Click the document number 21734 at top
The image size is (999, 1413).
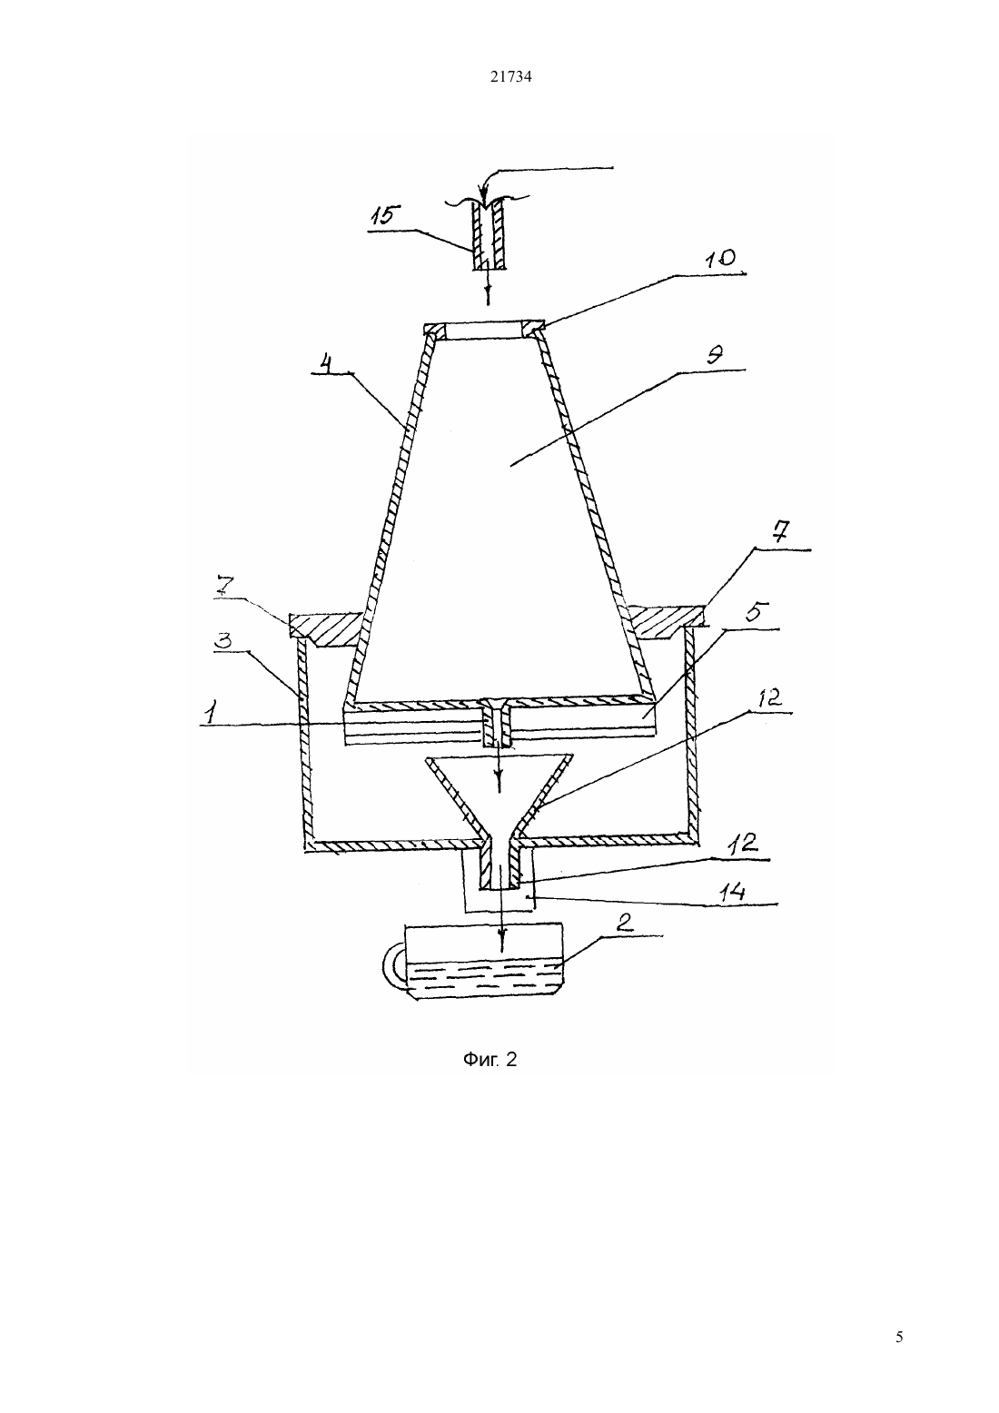tap(510, 77)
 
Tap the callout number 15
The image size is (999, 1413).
tap(382, 216)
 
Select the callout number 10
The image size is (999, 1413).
tap(720, 258)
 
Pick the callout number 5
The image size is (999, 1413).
tap(756, 612)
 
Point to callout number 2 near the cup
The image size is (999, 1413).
tap(622, 923)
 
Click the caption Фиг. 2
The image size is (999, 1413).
tap(490, 1060)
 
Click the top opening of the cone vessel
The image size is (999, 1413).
tap(484, 331)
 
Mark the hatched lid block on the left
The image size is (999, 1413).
tap(326, 629)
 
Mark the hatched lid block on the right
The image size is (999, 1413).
tap(667, 621)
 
